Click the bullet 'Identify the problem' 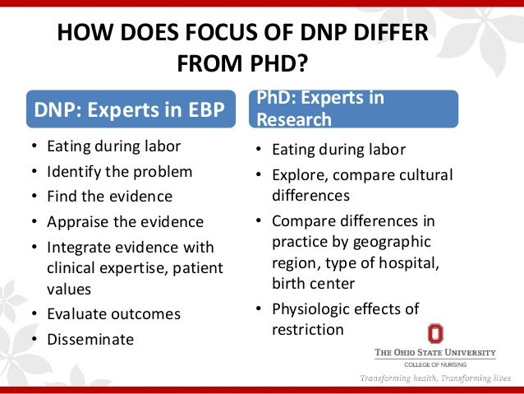point(120,172)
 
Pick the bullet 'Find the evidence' point(110,197)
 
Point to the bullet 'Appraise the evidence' point(126,222)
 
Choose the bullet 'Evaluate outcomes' point(114,314)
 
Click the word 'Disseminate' point(90,339)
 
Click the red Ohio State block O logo point(434,333)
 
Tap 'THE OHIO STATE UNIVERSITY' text point(435,353)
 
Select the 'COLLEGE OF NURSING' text point(435,365)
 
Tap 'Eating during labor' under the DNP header point(114,147)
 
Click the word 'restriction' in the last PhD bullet point(308,329)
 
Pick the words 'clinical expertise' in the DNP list point(103,268)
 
